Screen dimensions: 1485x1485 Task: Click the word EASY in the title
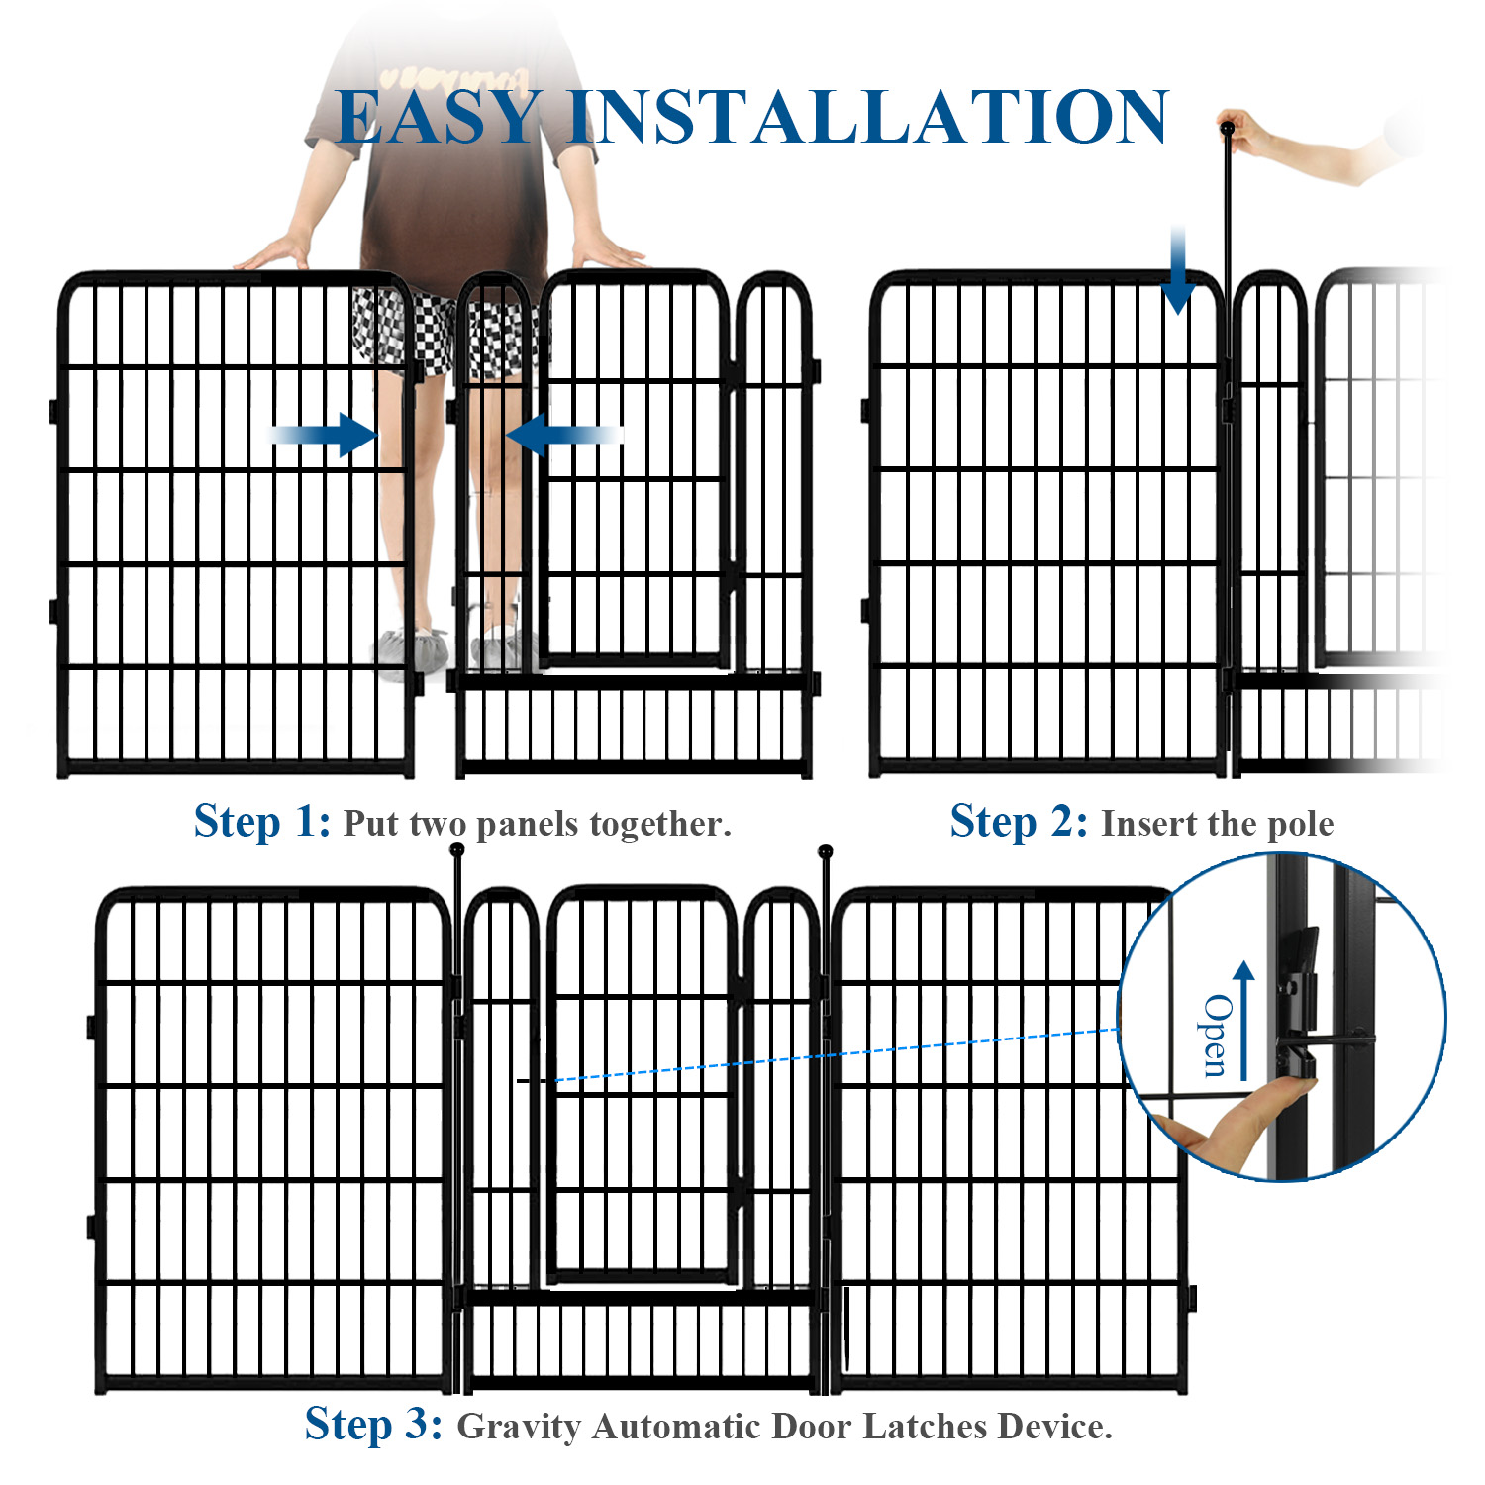(x=438, y=118)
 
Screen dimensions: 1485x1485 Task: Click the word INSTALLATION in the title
(x=868, y=118)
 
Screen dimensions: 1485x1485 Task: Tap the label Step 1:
(x=262, y=822)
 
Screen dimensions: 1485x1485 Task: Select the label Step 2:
(x=1019, y=822)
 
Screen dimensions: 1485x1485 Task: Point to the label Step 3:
(x=373, y=1425)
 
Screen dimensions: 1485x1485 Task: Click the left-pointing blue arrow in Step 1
(x=561, y=434)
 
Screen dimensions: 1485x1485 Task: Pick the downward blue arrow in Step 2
(x=1177, y=272)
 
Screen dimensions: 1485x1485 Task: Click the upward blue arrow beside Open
(x=1244, y=1020)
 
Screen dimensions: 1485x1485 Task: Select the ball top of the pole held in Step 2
(x=1228, y=128)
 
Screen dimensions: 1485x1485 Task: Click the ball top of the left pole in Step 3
(x=456, y=849)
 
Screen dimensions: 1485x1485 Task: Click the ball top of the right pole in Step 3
(x=826, y=851)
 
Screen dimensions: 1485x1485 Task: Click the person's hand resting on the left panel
(x=272, y=255)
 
